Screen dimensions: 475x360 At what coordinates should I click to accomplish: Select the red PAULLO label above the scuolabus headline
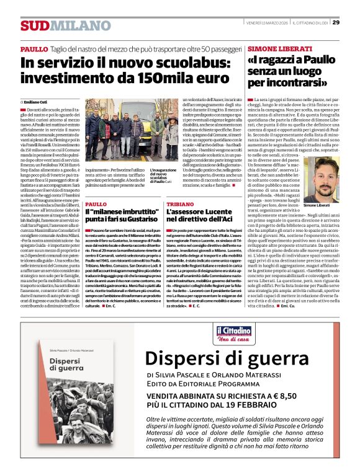click(34, 48)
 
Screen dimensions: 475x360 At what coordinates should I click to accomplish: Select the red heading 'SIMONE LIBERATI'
click(279, 48)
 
